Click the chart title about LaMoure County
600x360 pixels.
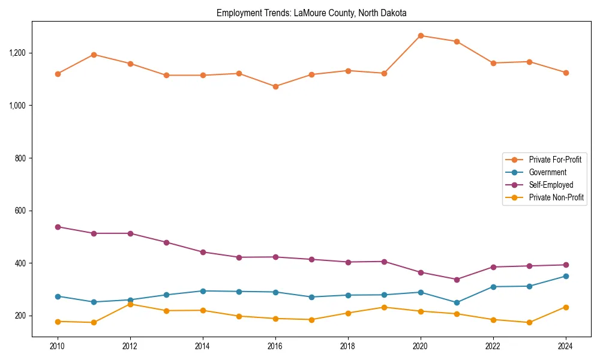pyautogui.click(x=311, y=13)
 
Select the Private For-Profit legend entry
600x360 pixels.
pyautogui.click(x=554, y=160)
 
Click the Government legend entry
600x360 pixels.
pyautogui.click(x=547, y=172)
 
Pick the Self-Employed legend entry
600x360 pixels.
pyautogui.click(x=551, y=185)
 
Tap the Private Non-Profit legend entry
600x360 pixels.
pyautogui.click(x=556, y=197)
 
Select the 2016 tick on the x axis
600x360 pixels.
pyautogui.click(x=275, y=346)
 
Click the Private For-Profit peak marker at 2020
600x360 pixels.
pyautogui.click(x=421, y=35)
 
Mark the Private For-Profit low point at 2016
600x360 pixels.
pyautogui.click(x=275, y=86)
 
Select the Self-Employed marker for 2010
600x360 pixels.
pyautogui.click(x=58, y=227)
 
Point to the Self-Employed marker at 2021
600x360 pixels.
pyautogui.click(x=457, y=280)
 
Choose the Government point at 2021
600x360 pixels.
pyautogui.click(x=457, y=302)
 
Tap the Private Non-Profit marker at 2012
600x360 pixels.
pyautogui.click(x=130, y=304)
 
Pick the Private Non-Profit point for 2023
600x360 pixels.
pyautogui.click(x=529, y=323)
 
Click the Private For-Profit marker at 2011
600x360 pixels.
pyautogui.click(x=94, y=55)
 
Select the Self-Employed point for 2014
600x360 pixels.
pyautogui.click(x=203, y=252)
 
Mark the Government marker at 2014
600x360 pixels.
pyautogui.click(x=203, y=291)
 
